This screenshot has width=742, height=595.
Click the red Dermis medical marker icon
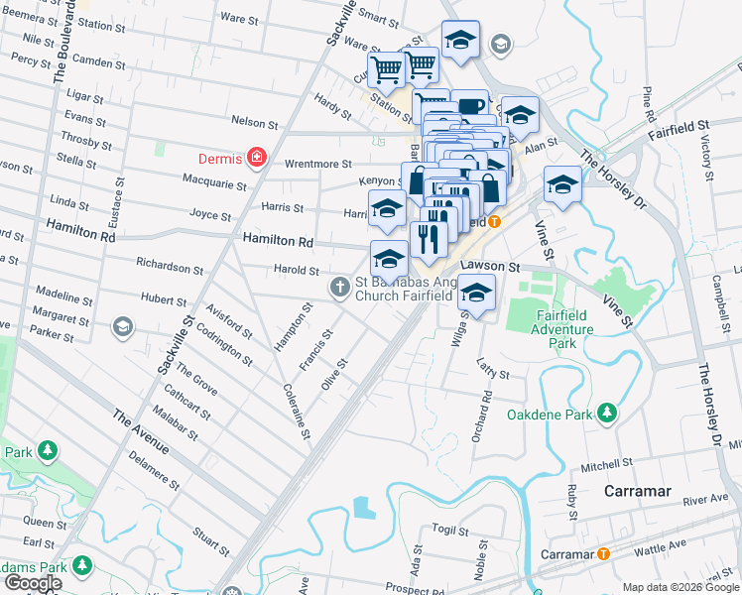pos(257,157)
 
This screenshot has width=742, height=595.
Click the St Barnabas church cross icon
pos(339,288)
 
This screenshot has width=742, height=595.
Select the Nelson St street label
pos(254,123)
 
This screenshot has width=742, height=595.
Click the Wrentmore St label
pos(318,164)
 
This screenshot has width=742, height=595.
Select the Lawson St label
pos(490,267)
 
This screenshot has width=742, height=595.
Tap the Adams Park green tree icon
pos(83,565)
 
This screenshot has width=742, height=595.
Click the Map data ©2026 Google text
pos(680,587)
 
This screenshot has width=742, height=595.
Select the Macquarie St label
pos(214,182)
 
